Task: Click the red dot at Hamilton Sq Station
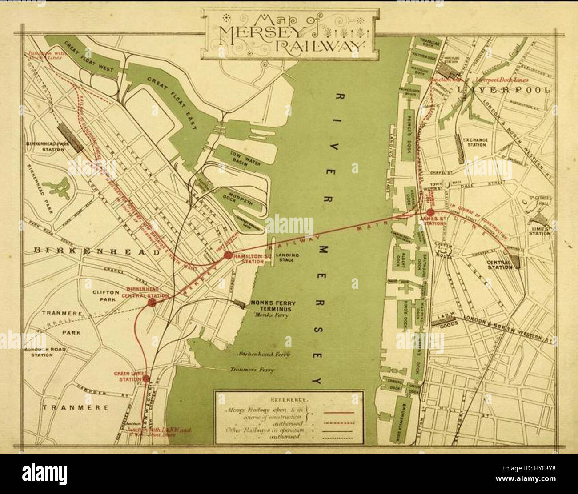point(228,255)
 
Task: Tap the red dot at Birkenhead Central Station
point(151,303)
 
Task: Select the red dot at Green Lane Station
point(146,379)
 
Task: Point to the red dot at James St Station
point(430,212)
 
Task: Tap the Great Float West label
point(89,58)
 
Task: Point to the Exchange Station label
point(475,143)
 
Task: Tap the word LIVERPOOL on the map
point(504,90)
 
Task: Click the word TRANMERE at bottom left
point(75,407)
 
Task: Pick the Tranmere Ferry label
point(252,370)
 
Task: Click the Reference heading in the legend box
point(289,399)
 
